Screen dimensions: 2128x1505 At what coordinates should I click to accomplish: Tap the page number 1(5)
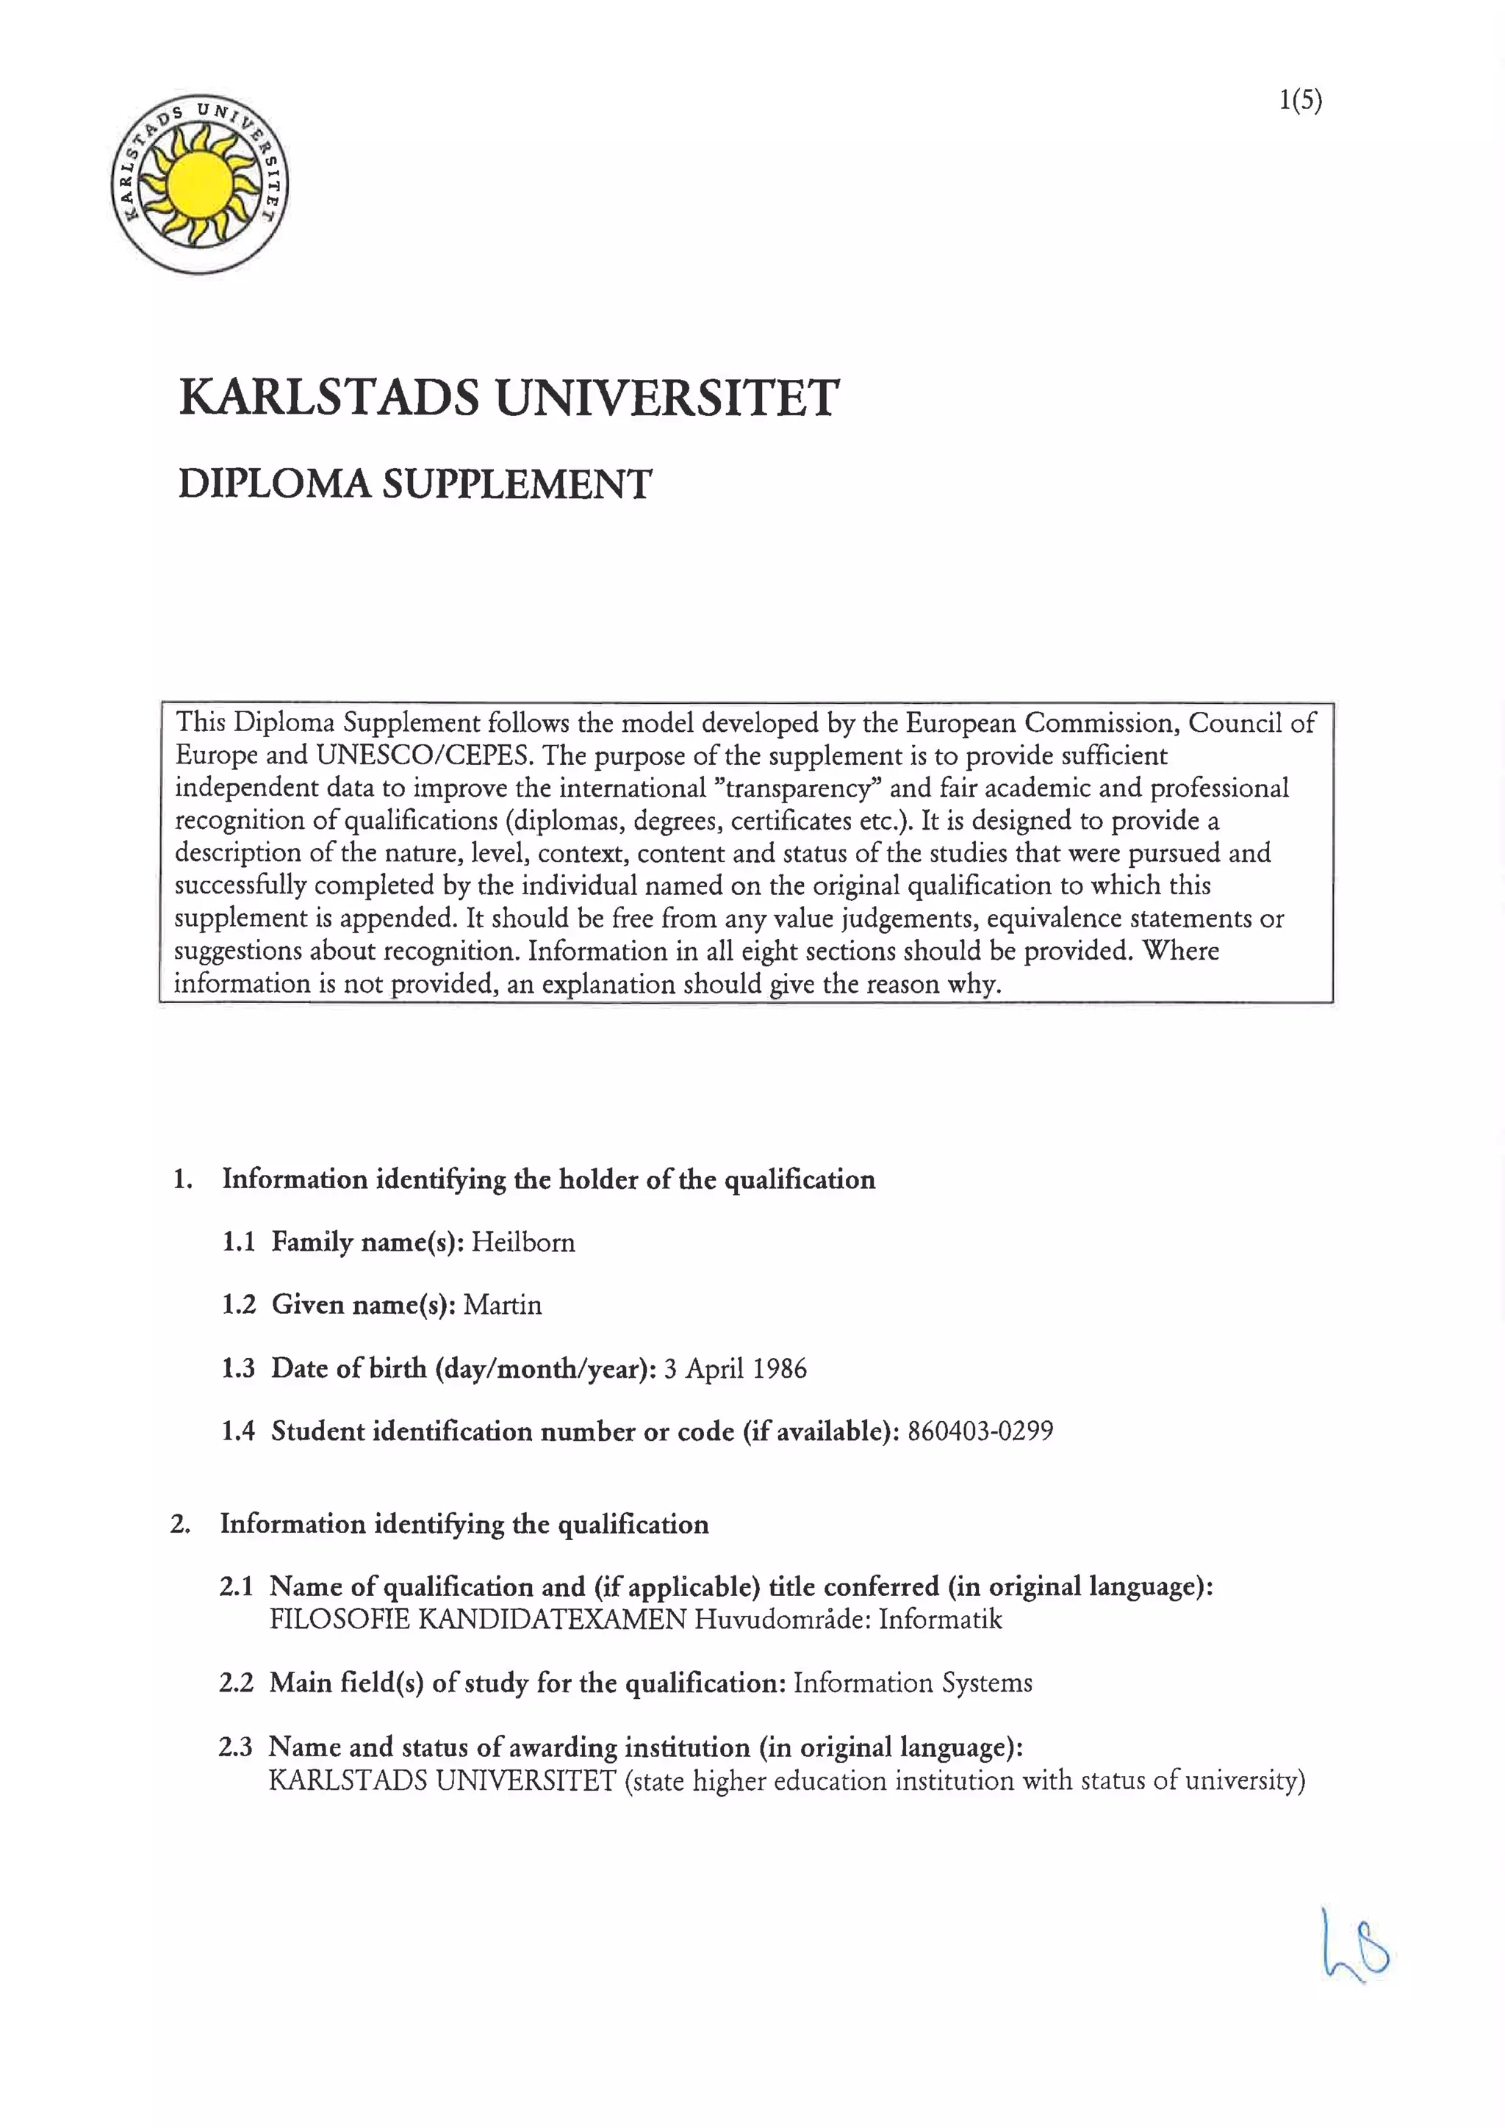tap(1300, 100)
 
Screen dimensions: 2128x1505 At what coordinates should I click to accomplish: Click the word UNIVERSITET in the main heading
tap(667, 398)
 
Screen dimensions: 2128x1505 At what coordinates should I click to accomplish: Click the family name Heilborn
tap(522, 1242)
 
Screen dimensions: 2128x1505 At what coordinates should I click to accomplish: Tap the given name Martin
tap(503, 1305)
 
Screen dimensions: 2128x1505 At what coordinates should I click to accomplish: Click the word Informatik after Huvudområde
tap(940, 1620)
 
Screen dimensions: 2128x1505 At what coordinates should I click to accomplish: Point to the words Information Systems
tap(912, 1683)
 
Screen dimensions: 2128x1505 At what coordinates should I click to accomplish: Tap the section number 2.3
tap(235, 1747)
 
